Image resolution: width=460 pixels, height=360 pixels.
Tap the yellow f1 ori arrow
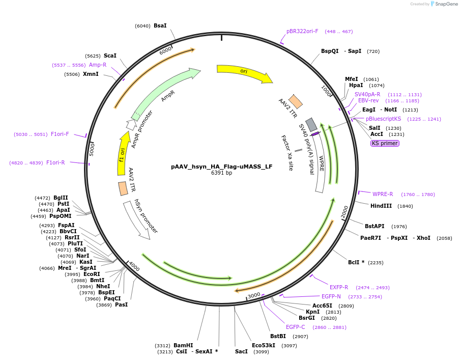(x=123, y=147)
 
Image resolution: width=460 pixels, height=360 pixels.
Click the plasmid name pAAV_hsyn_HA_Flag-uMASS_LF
(x=221, y=167)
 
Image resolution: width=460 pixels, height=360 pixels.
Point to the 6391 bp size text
(x=221, y=173)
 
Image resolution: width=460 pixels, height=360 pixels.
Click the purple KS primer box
(x=385, y=143)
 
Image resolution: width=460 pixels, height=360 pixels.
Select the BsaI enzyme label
(x=160, y=25)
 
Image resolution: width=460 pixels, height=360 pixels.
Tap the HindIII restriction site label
(x=381, y=206)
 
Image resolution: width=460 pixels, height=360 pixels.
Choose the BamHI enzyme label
(x=183, y=345)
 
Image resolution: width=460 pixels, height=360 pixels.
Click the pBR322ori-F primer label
(x=302, y=31)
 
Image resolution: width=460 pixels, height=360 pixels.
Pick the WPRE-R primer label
(x=383, y=194)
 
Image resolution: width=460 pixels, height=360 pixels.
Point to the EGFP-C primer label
(x=295, y=327)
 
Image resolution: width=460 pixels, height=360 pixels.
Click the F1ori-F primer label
(x=60, y=134)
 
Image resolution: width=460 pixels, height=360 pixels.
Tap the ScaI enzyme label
(x=110, y=56)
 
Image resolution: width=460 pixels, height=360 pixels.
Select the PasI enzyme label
(x=121, y=304)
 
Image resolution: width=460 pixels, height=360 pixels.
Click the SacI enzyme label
(x=241, y=351)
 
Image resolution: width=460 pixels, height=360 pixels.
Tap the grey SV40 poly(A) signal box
(x=311, y=125)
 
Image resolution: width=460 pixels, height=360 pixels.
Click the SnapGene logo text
(x=446, y=4)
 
